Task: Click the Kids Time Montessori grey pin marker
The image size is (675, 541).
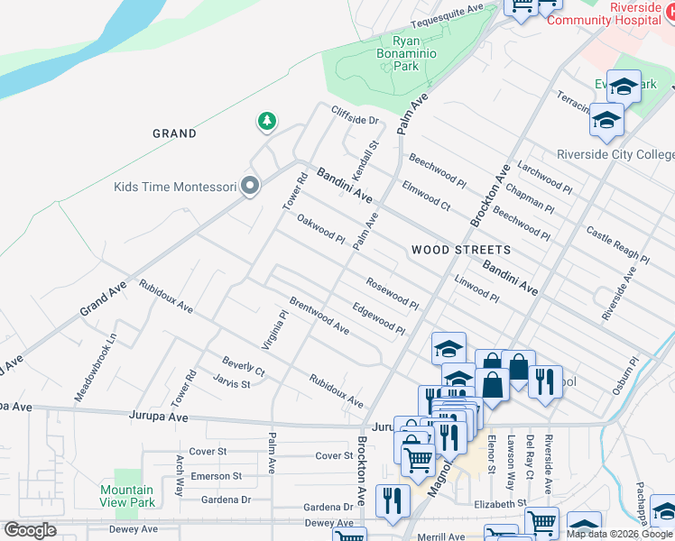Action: (x=251, y=187)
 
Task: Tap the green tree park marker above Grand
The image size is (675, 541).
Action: (x=266, y=120)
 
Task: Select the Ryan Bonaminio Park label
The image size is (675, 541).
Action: (x=406, y=53)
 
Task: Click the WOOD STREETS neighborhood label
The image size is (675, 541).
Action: (x=460, y=250)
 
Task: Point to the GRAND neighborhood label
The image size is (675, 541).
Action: (x=174, y=133)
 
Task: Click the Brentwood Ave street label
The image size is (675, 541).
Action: (x=319, y=315)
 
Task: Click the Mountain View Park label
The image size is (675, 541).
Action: (x=126, y=496)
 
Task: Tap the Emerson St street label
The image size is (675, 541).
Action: (x=216, y=476)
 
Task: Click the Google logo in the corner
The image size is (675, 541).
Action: (x=30, y=530)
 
